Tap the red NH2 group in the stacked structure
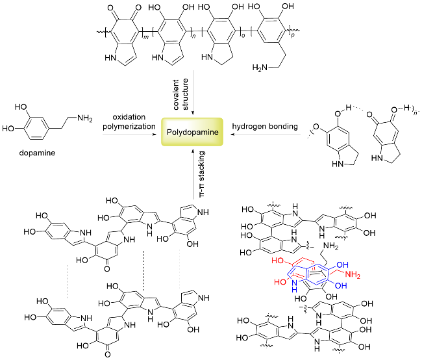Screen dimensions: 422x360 click(353, 277)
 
